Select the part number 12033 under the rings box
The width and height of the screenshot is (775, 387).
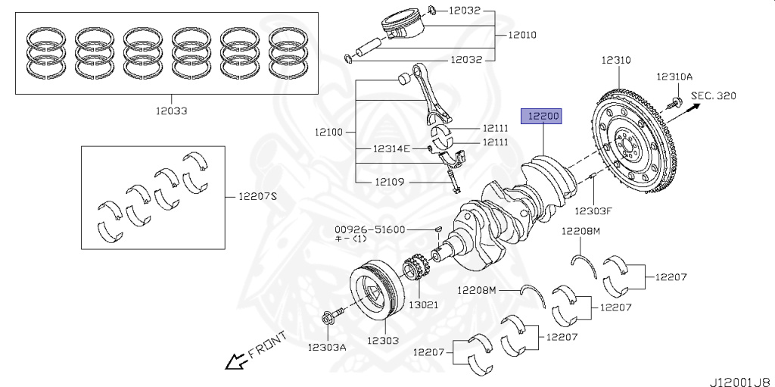click(169, 111)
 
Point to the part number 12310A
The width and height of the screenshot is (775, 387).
click(674, 76)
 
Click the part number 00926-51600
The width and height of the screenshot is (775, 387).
click(372, 229)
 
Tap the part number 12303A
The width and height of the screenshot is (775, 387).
click(327, 347)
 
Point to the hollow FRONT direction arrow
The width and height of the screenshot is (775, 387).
click(235, 362)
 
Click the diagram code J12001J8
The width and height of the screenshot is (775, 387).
click(739, 376)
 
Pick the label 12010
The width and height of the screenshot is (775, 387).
click(523, 34)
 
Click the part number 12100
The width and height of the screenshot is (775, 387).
click(329, 132)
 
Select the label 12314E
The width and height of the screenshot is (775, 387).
click(391, 148)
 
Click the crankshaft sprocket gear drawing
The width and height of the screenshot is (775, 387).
click(414, 273)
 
